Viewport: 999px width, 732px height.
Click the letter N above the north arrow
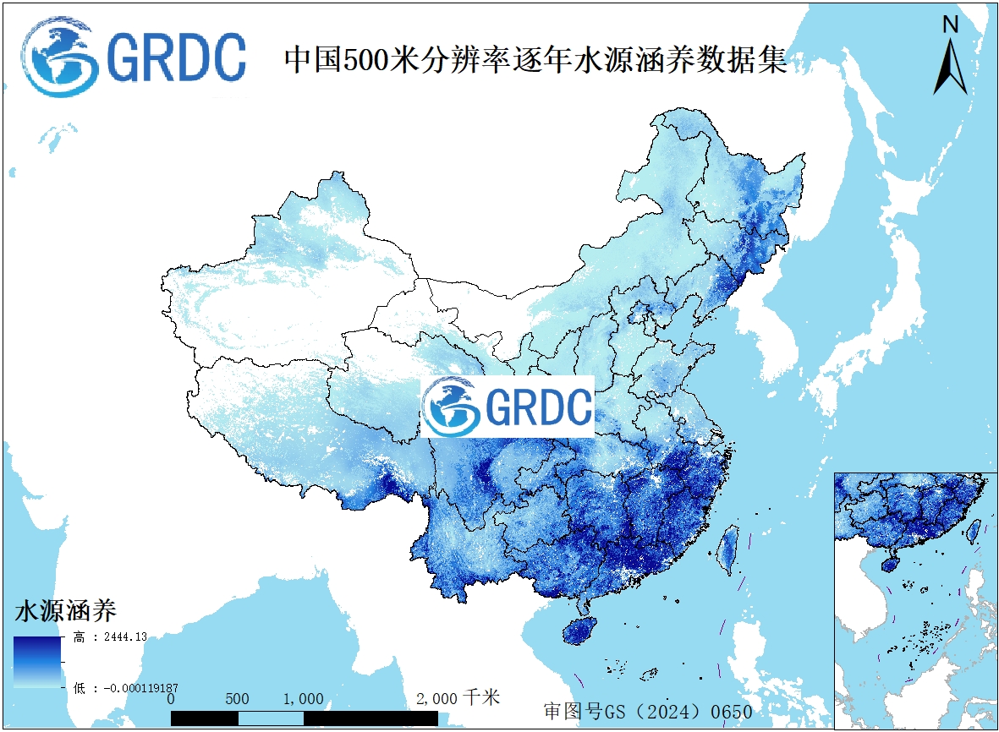(951, 25)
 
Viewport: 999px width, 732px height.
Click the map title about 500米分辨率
(535, 60)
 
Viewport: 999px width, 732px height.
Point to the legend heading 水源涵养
(65, 609)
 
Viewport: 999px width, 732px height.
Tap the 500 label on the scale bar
(238, 699)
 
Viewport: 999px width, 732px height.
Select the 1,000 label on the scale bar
(302, 699)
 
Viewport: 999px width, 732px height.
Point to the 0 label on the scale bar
(171, 699)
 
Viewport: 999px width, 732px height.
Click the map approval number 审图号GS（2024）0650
(648, 712)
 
